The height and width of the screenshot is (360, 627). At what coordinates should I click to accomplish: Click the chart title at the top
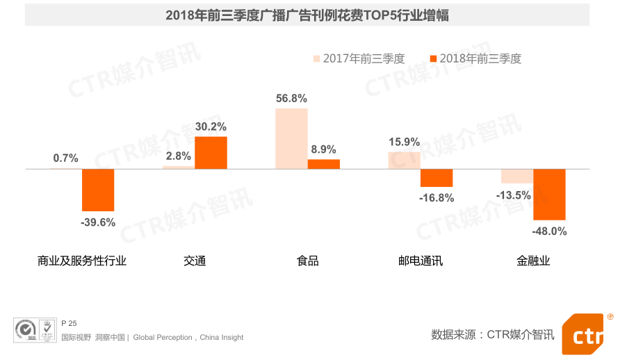coord(307,15)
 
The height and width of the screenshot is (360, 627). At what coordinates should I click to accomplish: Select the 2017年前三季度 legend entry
coord(359,59)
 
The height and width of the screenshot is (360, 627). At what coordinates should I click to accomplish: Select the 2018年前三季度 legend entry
coord(475,59)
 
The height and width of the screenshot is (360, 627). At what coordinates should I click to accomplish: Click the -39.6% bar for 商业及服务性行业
coord(98,190)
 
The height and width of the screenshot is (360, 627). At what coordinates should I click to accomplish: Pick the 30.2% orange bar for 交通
coord(211,153)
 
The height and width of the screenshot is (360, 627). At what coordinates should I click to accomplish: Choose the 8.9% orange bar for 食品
coord(324,164)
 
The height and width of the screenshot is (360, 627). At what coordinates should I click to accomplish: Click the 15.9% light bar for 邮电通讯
coord(404,161)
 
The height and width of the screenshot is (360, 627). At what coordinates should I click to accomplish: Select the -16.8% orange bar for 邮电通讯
coord(437,178)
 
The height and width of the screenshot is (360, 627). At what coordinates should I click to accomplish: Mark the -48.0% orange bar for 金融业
coord(549,195)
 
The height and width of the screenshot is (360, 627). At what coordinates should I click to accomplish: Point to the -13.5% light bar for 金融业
coord(516,176)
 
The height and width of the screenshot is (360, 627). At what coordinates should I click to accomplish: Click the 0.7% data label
coord(65,158)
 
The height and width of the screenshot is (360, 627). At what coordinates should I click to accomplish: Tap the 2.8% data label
coord(178,156)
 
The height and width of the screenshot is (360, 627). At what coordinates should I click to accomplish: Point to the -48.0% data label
coord(549,231)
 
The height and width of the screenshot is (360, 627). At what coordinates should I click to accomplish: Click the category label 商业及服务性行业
coord(82,261)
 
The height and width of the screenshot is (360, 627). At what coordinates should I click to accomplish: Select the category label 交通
coord(195,261)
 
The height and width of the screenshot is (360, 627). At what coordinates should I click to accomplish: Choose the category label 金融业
coord(533,261)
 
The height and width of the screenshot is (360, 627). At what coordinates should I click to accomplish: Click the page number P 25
coord(69,323)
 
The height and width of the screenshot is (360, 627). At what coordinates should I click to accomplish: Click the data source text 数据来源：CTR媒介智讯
coord(493,335)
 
